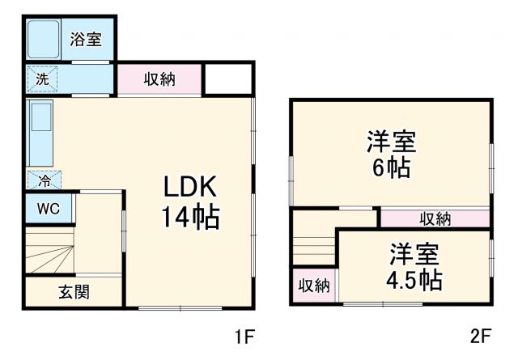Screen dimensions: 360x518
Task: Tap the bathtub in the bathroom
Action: coord(45,38)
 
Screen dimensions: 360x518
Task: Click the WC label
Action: coord(48,209)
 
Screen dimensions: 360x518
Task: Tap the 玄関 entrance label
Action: coord(73,292)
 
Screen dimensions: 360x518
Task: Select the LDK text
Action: coord(191,188)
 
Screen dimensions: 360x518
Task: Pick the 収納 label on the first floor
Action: coord(159,78)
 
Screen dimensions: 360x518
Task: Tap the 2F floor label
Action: coord(482,333)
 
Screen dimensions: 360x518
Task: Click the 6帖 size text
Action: coord(391,169)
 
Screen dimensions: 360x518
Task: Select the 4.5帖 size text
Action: coord(413,281)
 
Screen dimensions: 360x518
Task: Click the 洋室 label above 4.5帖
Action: coord(413,254)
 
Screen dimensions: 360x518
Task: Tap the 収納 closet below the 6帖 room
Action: coord(435,218)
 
